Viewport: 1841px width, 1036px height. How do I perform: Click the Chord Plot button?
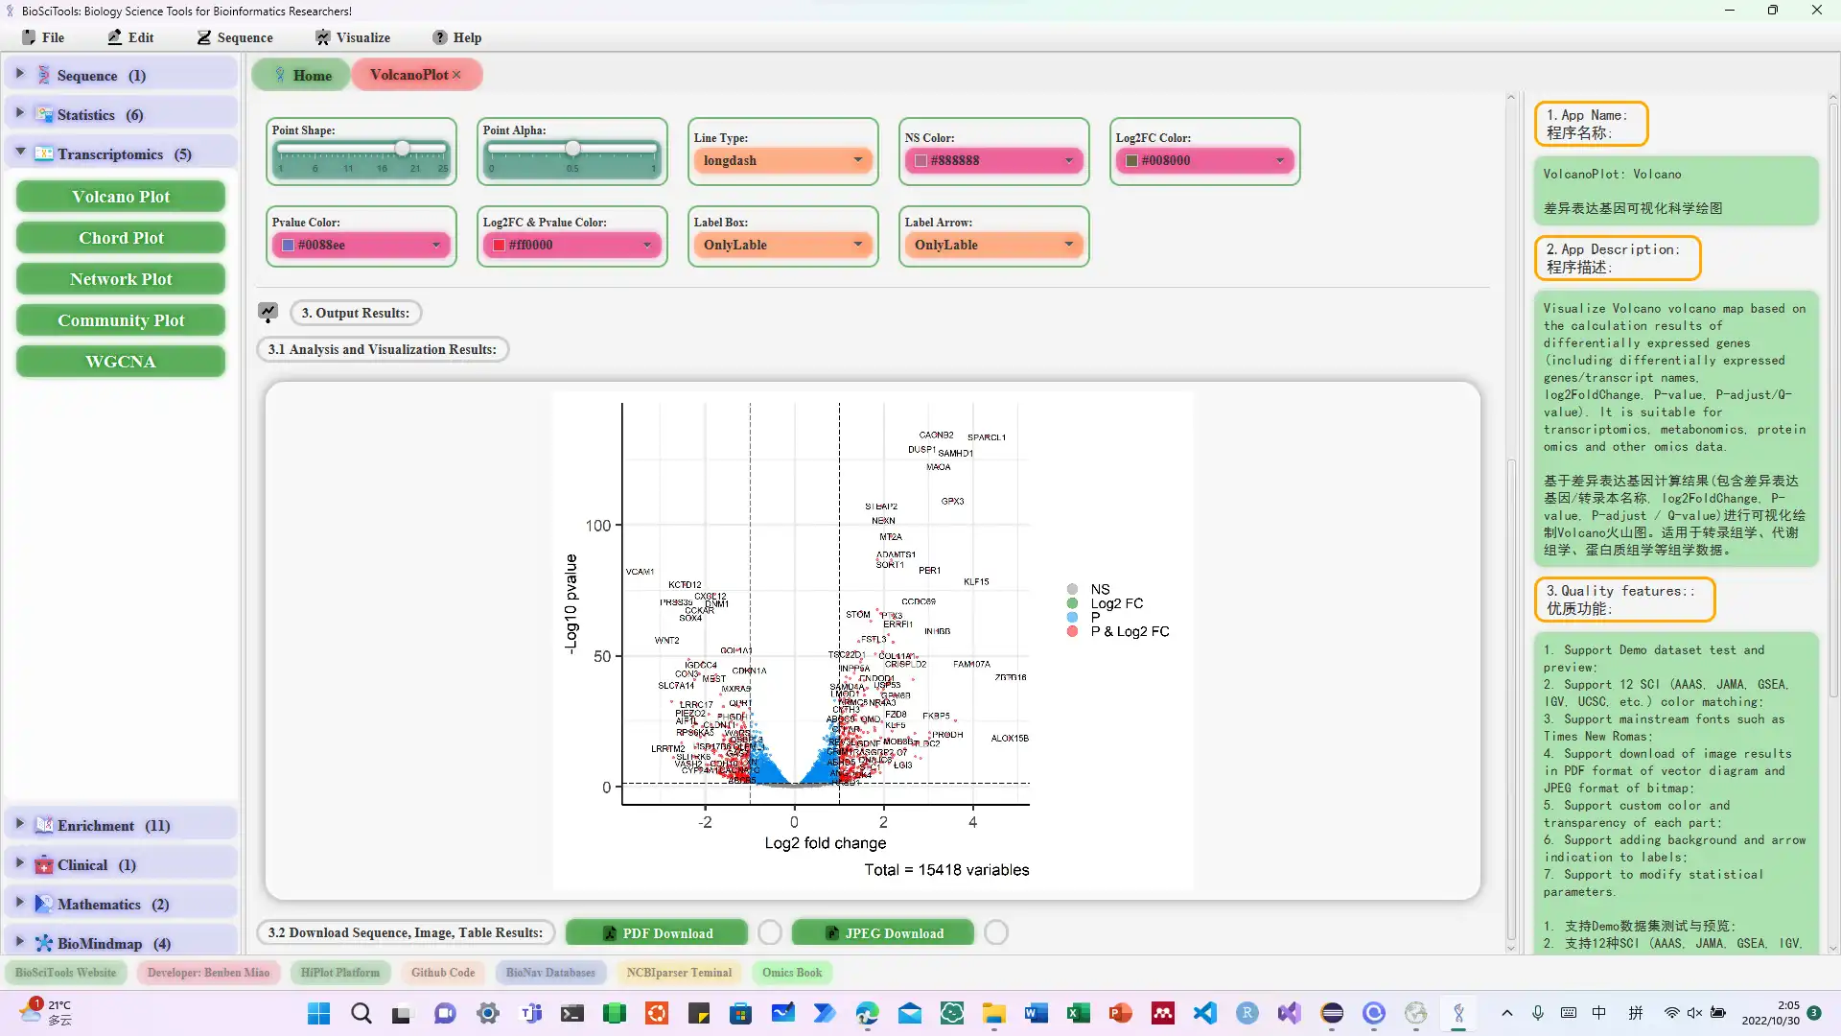(x=121, y=238)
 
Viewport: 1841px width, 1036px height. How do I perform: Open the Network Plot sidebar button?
(x=121, y=279)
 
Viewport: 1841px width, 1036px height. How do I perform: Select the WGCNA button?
(x=121, y=362)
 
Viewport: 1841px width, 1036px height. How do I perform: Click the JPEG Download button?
(x=883, y=933)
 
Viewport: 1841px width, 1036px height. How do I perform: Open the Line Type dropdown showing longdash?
(x=782, y=160)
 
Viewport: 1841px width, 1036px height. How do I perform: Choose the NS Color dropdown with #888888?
(x=993, y=160)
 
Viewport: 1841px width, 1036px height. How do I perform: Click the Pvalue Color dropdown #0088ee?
(x=361, y=245)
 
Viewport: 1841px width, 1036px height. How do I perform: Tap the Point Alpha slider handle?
(x=572, y=149)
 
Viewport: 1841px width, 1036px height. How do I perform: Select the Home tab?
(x=301, y=75)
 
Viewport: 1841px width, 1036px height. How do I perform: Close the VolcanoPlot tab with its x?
(x=456, y=75)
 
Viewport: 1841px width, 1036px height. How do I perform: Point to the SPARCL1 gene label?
(x=987, y=437)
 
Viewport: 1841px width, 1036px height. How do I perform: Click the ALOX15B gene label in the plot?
(x=1010, y=739)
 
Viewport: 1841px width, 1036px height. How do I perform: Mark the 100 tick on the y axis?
(x=598, y=526)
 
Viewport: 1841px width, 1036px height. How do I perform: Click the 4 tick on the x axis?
(x=972, y=822)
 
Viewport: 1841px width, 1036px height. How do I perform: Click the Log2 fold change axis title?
(x=825, y=843)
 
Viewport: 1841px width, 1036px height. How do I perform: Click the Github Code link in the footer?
(x=443, y=973)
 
